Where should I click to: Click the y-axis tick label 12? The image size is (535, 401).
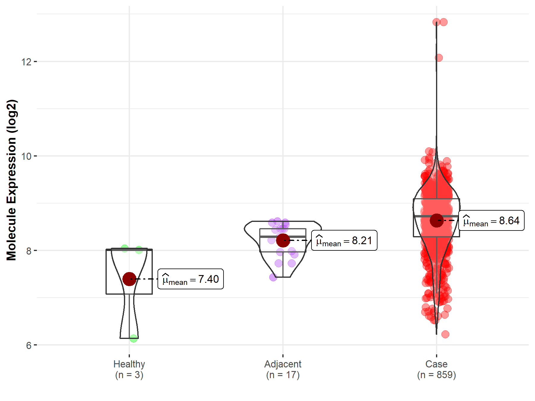pos(26,62)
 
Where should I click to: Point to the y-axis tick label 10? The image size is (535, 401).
pos(26,156)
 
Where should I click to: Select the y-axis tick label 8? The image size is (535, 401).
pos(29,251)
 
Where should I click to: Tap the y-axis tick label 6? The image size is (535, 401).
pos(29,345)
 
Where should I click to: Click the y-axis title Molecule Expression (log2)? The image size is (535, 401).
pos(12,180)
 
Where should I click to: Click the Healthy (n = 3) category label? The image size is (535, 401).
pos(129,369)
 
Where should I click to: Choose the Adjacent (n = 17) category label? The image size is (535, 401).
pos(283,369)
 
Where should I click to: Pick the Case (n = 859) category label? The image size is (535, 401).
pos(436,369)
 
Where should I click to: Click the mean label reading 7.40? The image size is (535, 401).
pos(191,279)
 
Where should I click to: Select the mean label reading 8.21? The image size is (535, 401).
pos(344,241)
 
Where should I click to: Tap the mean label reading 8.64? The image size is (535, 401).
pos(491,221)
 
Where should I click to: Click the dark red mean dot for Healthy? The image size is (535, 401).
pos(129,279)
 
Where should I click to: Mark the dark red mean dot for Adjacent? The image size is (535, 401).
pos(283,240)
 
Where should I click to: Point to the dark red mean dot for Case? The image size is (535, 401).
pos(436,220)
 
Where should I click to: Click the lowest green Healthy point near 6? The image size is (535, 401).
pos(133,338)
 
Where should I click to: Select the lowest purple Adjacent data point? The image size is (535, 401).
pos(273,277)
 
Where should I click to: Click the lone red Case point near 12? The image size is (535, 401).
pos(439,58)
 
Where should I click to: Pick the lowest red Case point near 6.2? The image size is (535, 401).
pos(445,334)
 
